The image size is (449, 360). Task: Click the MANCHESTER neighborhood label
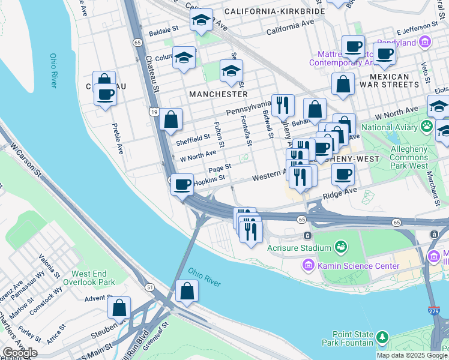pos(218,94)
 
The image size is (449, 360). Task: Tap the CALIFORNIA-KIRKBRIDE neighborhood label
pos(274,11)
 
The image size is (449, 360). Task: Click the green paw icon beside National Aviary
pos(427,126)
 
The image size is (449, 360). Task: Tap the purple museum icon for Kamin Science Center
pos(309,265)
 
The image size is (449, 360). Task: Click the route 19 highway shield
pos(154,112)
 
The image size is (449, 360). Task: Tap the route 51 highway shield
pos(148,287)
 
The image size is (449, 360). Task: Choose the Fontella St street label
pos(247,131)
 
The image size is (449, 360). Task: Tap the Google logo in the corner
pos(19,353)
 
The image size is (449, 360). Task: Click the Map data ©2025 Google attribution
pos(411,355)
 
